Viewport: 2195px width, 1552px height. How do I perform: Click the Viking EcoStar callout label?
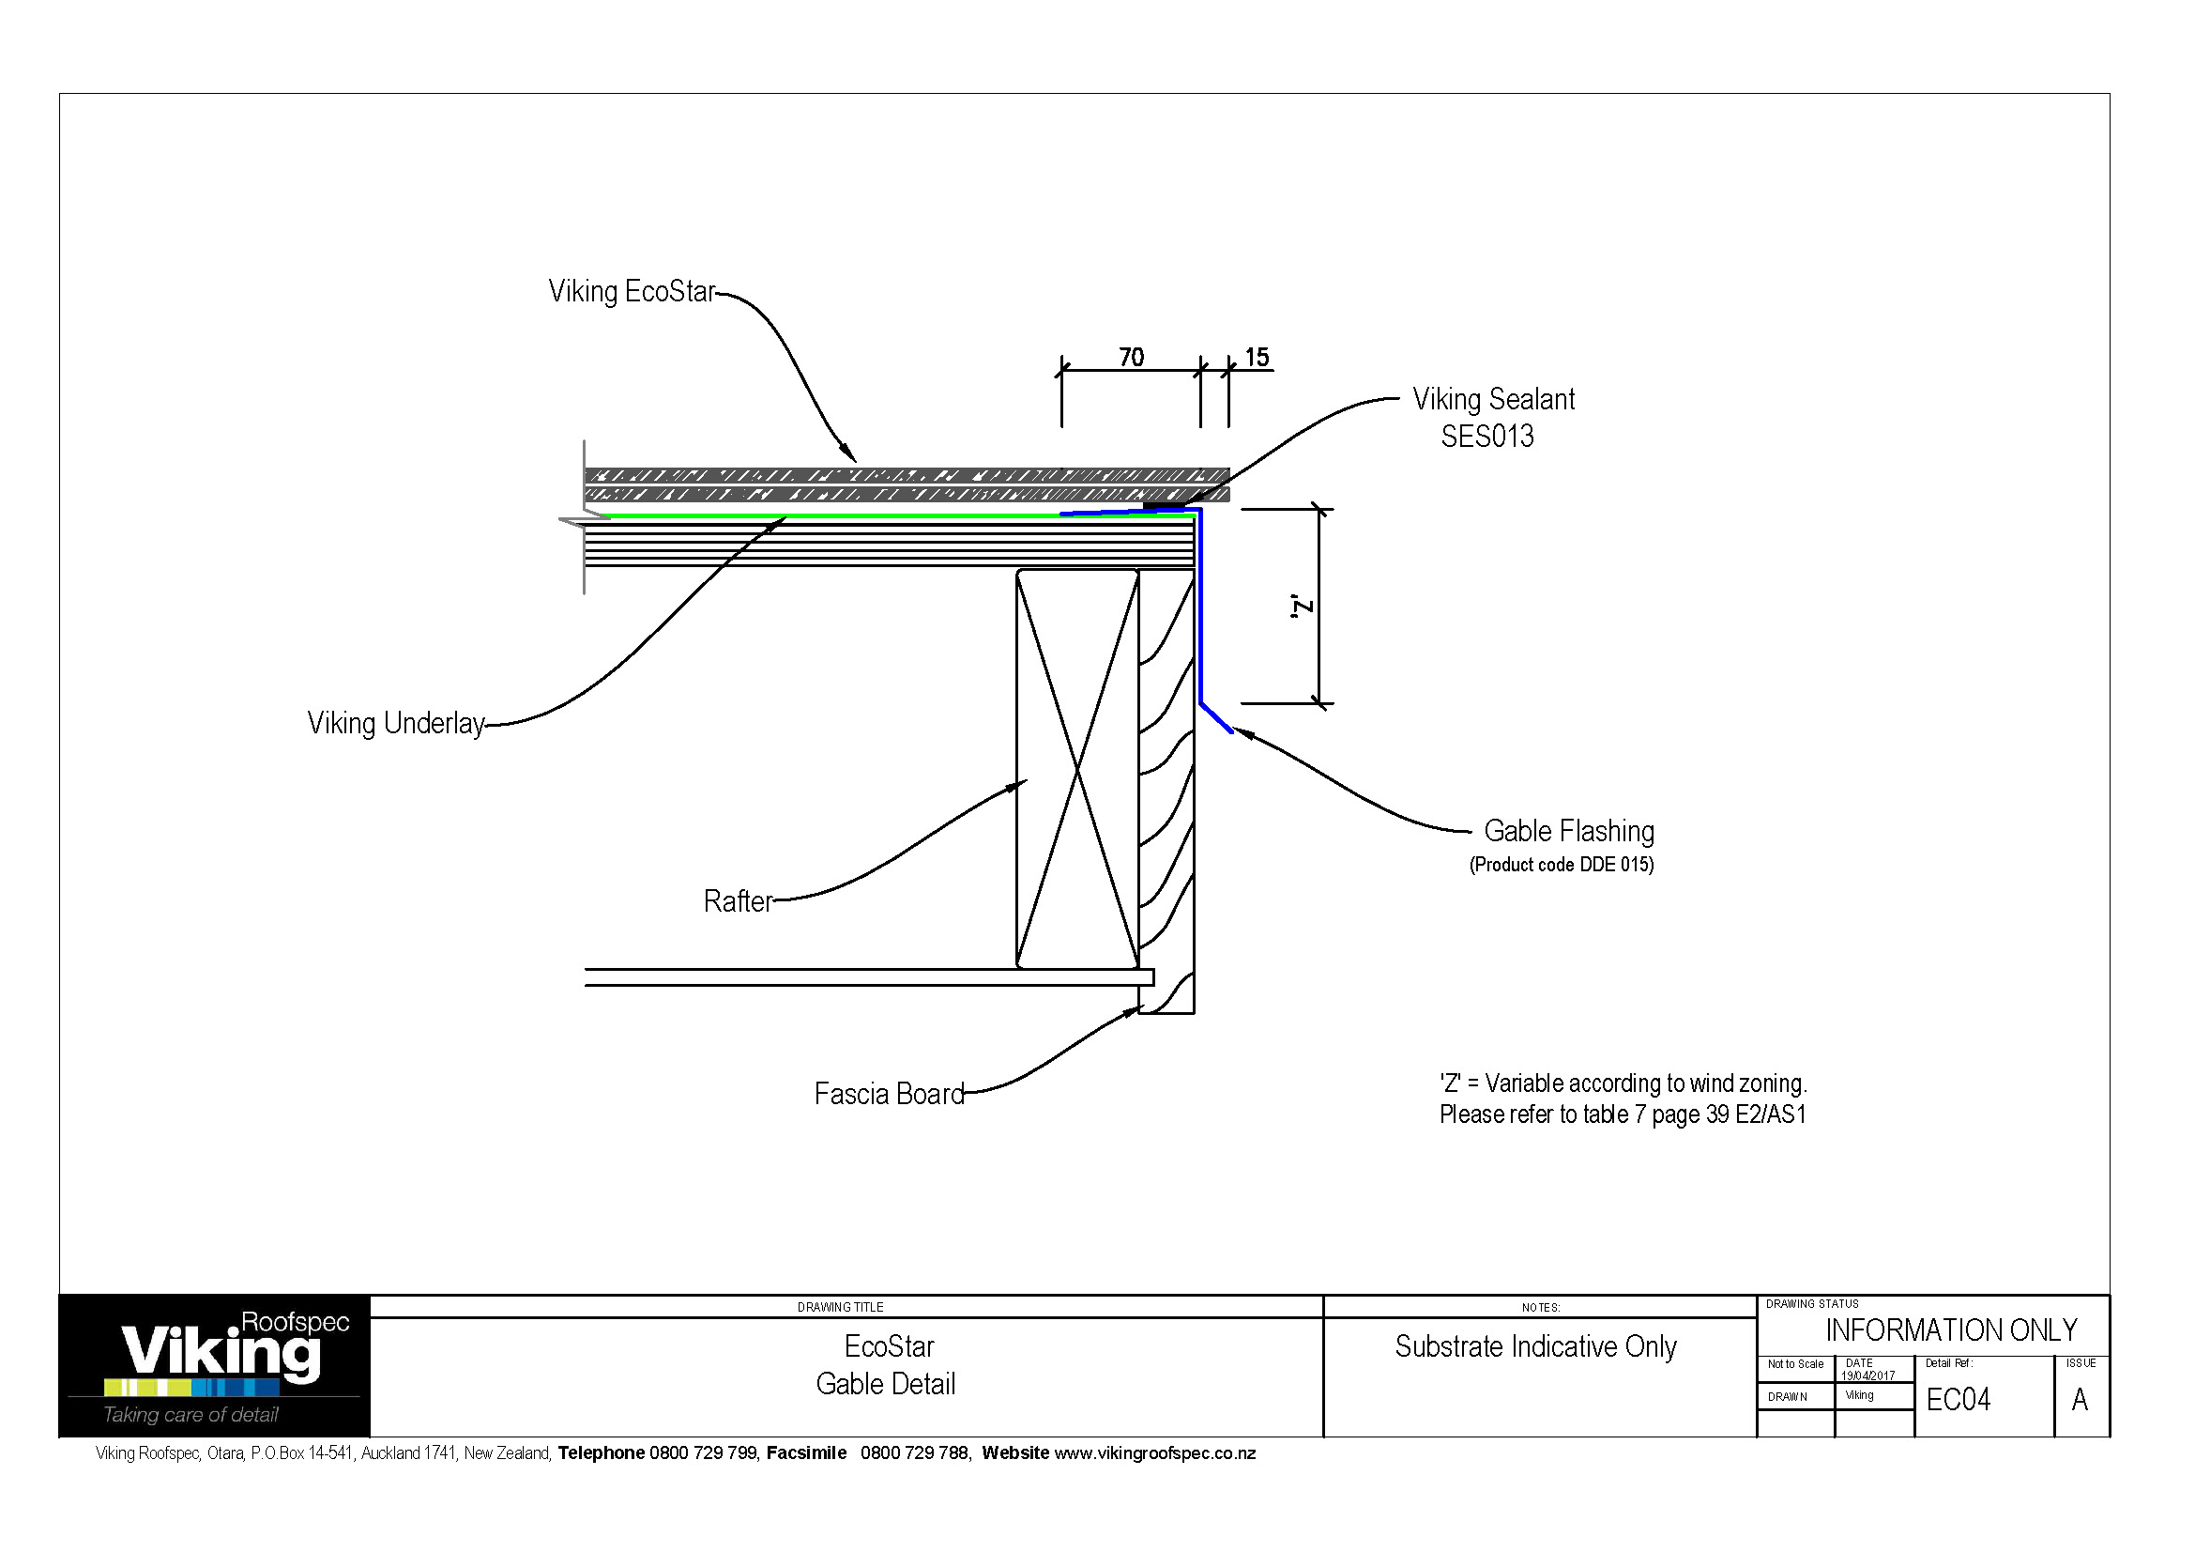(631, 292)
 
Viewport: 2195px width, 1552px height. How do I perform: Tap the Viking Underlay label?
(396, 724)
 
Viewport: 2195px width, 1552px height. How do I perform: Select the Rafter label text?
(737, 901)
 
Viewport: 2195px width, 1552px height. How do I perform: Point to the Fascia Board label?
(889, 1094)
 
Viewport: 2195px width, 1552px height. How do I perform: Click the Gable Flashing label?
(1569, 831)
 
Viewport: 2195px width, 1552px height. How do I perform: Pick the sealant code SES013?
(1487, 437)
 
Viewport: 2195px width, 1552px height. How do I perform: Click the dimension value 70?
(1131, 358)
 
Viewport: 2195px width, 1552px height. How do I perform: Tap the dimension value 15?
(1257, 358)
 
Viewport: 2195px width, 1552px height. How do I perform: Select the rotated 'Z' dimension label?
(1303, 607)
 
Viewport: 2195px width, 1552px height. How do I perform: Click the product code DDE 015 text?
(1562, 865)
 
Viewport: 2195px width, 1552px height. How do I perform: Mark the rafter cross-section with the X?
(1077, 769)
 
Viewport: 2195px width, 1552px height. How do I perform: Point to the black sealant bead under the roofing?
(1163, 504)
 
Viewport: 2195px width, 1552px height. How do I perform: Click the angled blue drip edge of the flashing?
(1216, 718)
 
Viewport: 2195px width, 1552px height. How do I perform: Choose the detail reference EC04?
(1958, 1400)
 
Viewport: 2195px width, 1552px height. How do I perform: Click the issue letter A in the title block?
(2080, 1400)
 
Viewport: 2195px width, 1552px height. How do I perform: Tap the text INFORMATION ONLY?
(1951, 1330)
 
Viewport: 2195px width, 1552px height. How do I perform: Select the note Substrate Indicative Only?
(1535, 1346)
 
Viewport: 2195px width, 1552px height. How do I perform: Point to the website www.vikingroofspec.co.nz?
(1155, 1453)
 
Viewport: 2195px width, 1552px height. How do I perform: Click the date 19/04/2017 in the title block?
(1868, 1376)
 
